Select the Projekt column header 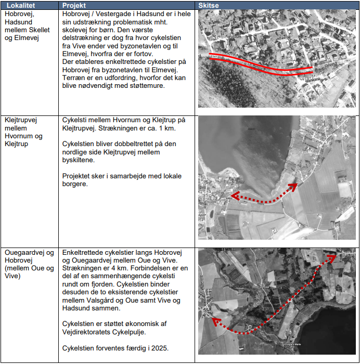pyautogui.click(x=74, y=5)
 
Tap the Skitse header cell pyautogui.click(x=209, y=5)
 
